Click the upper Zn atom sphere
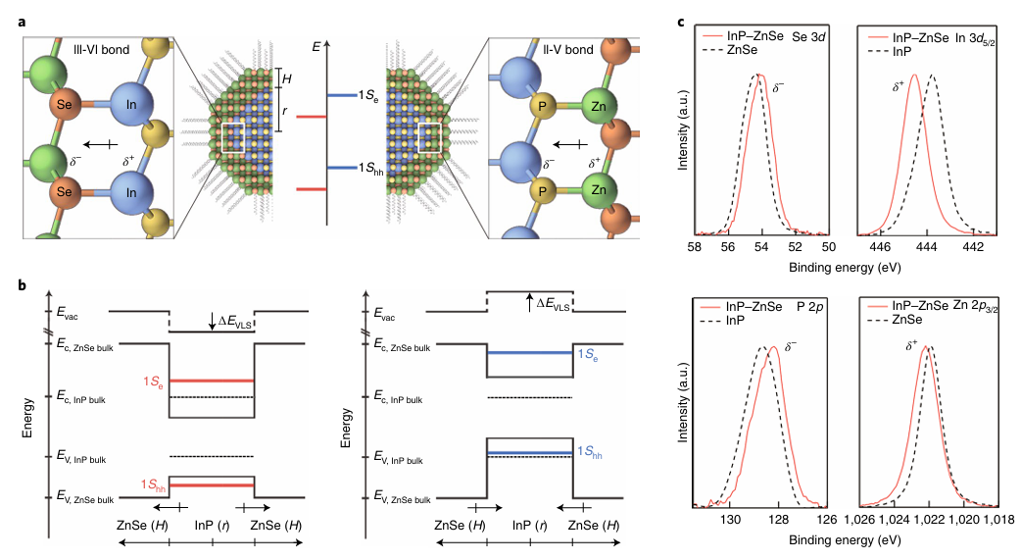click(608, 105)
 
